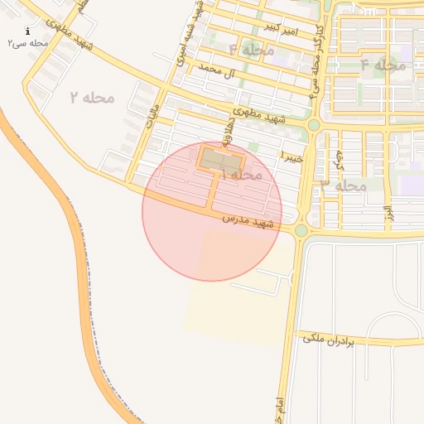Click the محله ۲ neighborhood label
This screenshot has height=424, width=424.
click(92, 99)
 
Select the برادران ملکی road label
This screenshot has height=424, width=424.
click(327, 340)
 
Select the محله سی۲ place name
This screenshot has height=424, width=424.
click(28, 43)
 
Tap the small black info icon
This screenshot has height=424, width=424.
click(28, 31)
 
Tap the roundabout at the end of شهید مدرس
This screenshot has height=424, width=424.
click(301, 230)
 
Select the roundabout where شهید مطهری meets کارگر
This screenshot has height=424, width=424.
click(314, 125)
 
